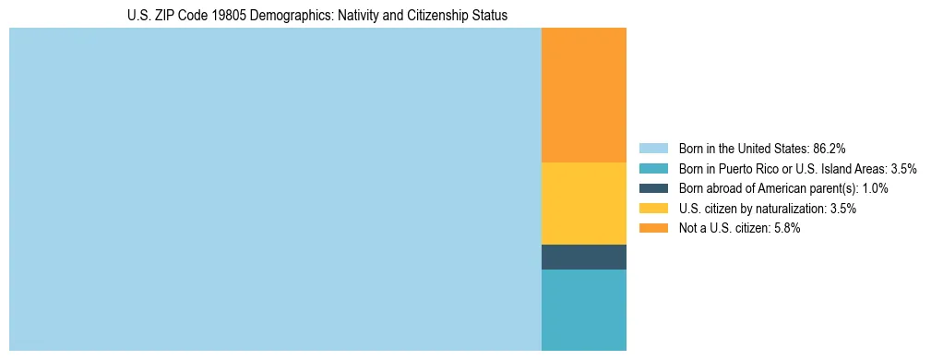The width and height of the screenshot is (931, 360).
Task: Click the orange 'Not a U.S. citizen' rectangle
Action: [x=583, y=95]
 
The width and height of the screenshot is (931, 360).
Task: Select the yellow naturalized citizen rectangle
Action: [x=583, y=203]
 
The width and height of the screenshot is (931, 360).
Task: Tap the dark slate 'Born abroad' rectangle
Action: [x=583, y=257]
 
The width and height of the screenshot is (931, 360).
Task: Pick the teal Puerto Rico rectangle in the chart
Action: [x=583, y=309]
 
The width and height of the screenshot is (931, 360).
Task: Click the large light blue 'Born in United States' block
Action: [x=275, y=189]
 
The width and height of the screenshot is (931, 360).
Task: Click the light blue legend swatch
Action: [x=653, y=149]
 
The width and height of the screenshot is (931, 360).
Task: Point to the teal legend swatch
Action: [x=653, y=169]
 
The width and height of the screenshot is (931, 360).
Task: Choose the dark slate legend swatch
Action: [x=653, y=188]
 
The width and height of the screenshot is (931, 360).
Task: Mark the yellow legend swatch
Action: [x=653, y=209]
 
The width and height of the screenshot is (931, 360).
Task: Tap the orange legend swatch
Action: [x=653, y=228]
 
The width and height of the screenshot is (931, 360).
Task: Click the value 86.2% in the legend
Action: [x=830, y=149]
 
